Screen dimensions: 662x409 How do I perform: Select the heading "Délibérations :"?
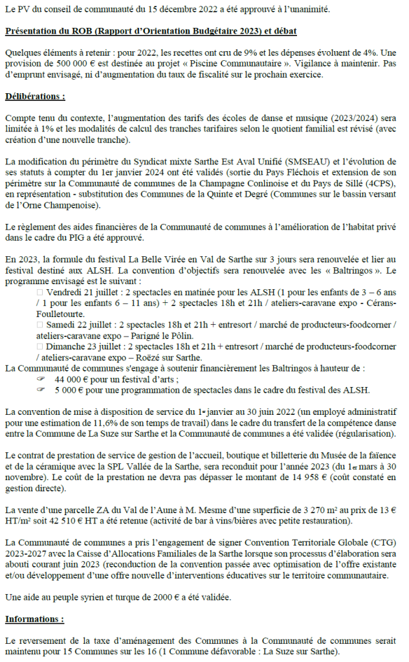tap(35, 96)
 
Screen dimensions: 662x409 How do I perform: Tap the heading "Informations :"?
tap(35, 619)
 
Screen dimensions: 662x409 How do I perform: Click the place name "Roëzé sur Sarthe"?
tap(164, 359)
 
